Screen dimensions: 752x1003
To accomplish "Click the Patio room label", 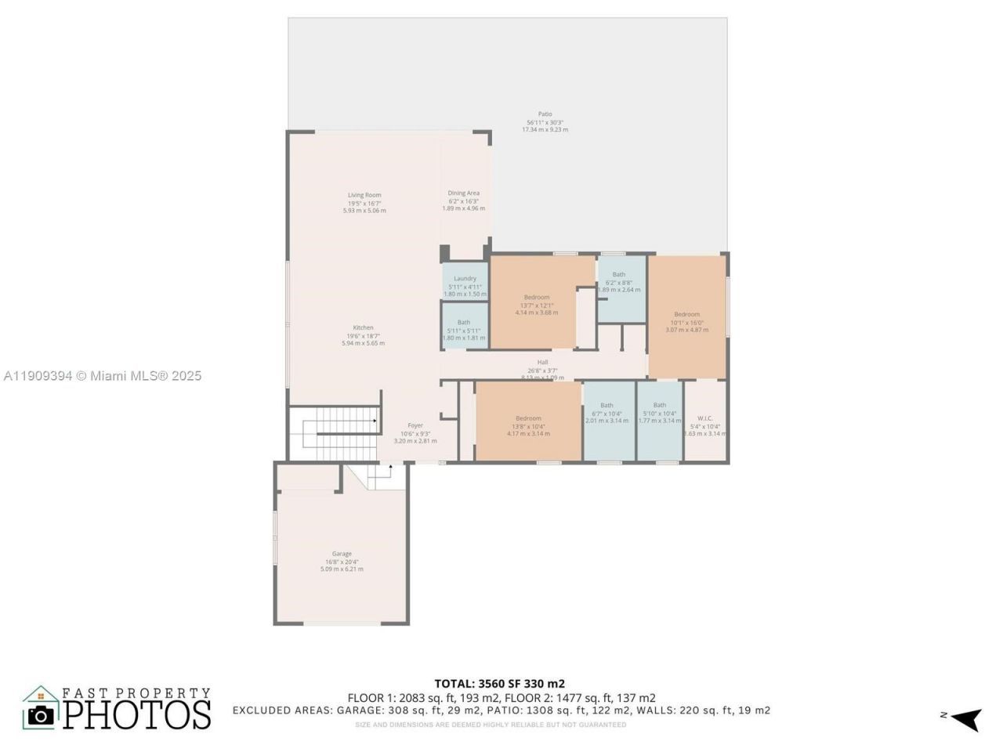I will pos(545,114).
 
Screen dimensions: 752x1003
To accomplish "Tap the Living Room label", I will pos(364,196).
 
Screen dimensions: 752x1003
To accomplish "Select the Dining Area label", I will pos(463,193).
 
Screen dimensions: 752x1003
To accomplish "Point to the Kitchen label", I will pos(363,328).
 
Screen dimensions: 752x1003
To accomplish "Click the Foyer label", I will pos(415,426).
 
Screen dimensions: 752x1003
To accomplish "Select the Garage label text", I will pos(342,555).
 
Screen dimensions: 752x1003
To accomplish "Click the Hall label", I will pos(542,363).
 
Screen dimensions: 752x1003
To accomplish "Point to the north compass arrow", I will pos(969,717).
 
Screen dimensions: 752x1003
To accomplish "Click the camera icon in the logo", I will pos(41,714).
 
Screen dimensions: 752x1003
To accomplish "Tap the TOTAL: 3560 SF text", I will pos(499,683).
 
